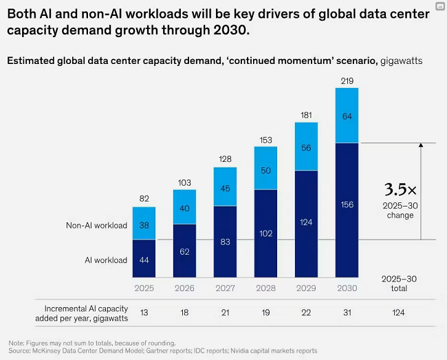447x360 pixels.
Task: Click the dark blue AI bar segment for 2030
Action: [347, 207]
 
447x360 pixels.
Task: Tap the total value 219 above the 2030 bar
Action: [347, 82]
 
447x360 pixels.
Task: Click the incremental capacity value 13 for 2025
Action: [144, 312]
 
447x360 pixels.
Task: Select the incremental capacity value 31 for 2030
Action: [347, 312]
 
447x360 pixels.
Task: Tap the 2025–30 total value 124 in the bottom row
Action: [400, 312]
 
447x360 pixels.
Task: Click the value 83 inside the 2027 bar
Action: [225, 242]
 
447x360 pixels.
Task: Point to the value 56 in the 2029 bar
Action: [306, 147]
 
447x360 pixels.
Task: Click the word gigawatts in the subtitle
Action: [400, 61]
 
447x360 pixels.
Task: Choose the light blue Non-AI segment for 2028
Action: [265, 169]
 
